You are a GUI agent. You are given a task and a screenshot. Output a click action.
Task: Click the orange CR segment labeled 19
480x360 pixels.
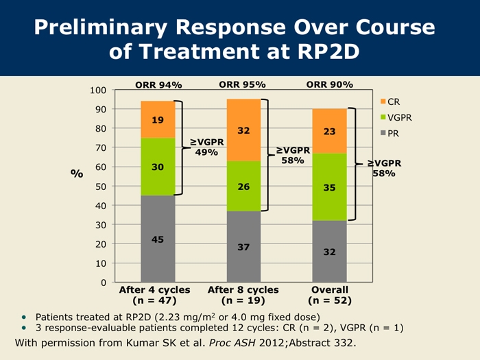[x=158, y=119]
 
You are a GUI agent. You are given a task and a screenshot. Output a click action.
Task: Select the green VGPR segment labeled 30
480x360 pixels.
[x=158, y=167]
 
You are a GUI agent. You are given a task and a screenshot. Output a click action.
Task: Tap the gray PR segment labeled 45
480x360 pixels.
[x=158, y=239]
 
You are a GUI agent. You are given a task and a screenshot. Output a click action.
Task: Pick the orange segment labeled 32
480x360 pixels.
[x=243, y=130]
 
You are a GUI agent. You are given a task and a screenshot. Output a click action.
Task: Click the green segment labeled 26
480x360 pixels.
[x=243, y=186]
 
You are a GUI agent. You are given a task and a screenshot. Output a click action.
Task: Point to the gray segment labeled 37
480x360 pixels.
[x=243, y=246]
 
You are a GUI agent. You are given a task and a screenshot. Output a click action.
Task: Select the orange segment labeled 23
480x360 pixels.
[x=329, y=130]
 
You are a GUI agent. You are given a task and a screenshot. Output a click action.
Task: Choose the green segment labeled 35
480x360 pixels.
[x=329, y=187]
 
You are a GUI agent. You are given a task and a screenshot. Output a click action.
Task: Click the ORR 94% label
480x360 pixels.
[x=158, y=85]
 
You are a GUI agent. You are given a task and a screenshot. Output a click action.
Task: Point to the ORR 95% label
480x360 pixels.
[x=242, y=85]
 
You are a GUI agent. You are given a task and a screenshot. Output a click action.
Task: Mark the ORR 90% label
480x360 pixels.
[x=329, y=85]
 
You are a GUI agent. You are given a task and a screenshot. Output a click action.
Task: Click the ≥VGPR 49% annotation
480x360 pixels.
[x=206, y=147]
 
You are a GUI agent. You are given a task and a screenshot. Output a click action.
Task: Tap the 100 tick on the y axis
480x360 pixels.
[x=98, y=91]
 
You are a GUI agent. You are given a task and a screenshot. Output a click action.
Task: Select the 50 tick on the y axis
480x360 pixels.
[x=101, y=187]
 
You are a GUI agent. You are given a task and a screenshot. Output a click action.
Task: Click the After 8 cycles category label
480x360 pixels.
[x=242, y=290]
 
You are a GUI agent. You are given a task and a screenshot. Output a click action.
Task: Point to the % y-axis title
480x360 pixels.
[x=77, y=173]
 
